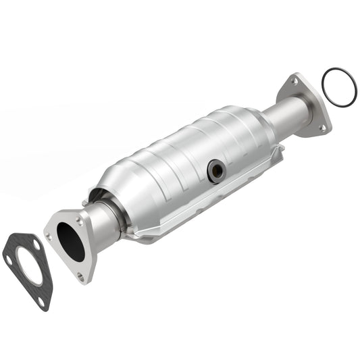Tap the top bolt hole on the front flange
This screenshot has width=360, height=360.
(80, 221)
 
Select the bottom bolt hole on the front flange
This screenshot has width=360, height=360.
(81, 276)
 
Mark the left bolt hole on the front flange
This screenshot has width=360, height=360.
(49, 236)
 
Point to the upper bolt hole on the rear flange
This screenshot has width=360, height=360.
(294, 81)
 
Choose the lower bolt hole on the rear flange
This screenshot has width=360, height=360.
(322, 127)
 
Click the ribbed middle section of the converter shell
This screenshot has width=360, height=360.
(182, 155)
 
